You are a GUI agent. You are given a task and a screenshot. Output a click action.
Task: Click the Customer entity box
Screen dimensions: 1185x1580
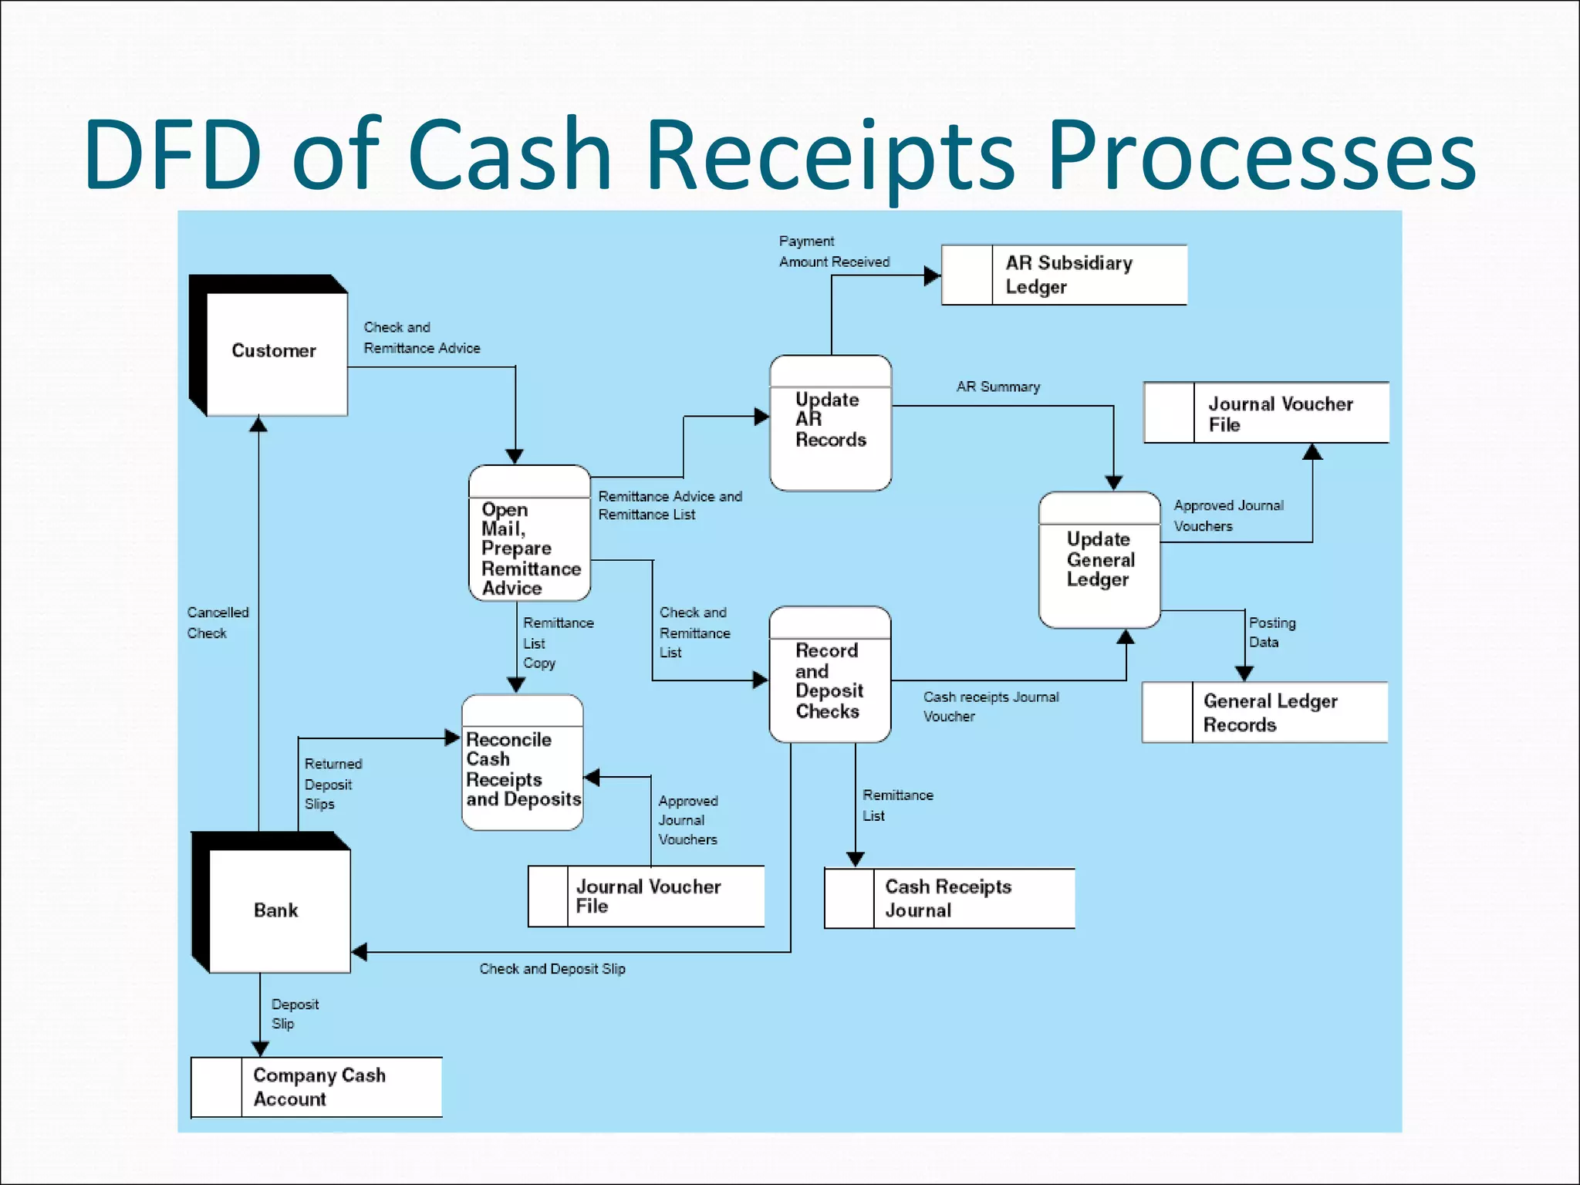274,351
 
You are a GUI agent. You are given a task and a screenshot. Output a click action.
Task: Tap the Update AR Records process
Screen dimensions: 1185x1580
830,423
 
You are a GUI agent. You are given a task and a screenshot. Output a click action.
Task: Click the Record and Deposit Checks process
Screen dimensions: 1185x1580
829,676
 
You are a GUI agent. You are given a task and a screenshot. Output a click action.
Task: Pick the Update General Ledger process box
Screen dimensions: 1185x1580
1099,560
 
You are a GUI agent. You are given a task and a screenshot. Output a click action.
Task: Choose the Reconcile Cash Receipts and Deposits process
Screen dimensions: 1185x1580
522,764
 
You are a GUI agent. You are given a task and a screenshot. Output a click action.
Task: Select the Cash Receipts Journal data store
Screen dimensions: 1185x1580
949,898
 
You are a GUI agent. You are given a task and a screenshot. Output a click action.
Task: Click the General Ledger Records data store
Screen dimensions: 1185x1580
1265,712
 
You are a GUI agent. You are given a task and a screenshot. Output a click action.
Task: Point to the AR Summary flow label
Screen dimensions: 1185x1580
998,387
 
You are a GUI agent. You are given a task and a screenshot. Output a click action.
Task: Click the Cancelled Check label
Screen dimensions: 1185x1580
217,623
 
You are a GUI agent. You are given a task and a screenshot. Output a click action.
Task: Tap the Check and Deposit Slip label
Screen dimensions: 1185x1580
552,969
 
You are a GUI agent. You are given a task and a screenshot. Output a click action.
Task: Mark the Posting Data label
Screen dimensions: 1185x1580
1271,632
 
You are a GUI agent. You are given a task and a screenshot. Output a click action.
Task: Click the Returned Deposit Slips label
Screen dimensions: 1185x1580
333,784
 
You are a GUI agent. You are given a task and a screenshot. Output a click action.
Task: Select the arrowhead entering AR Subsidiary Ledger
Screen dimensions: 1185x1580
931,275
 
